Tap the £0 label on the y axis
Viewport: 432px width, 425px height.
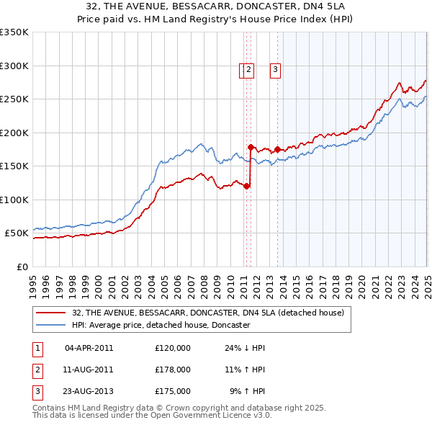[22, 267]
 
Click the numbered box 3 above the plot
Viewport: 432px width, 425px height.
[275, 70]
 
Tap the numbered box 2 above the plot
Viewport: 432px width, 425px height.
[248, 70]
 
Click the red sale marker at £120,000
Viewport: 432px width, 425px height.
[246, 186]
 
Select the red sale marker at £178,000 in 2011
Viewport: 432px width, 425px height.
[251, 147]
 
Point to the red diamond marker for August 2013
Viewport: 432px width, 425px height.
[277, 149]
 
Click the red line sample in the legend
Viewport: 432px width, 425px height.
[51, 313]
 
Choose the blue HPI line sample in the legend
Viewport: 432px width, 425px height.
[51, 325]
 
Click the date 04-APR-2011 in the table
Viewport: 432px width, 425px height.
[89, 348]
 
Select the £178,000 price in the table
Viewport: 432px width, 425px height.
[173, 370]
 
